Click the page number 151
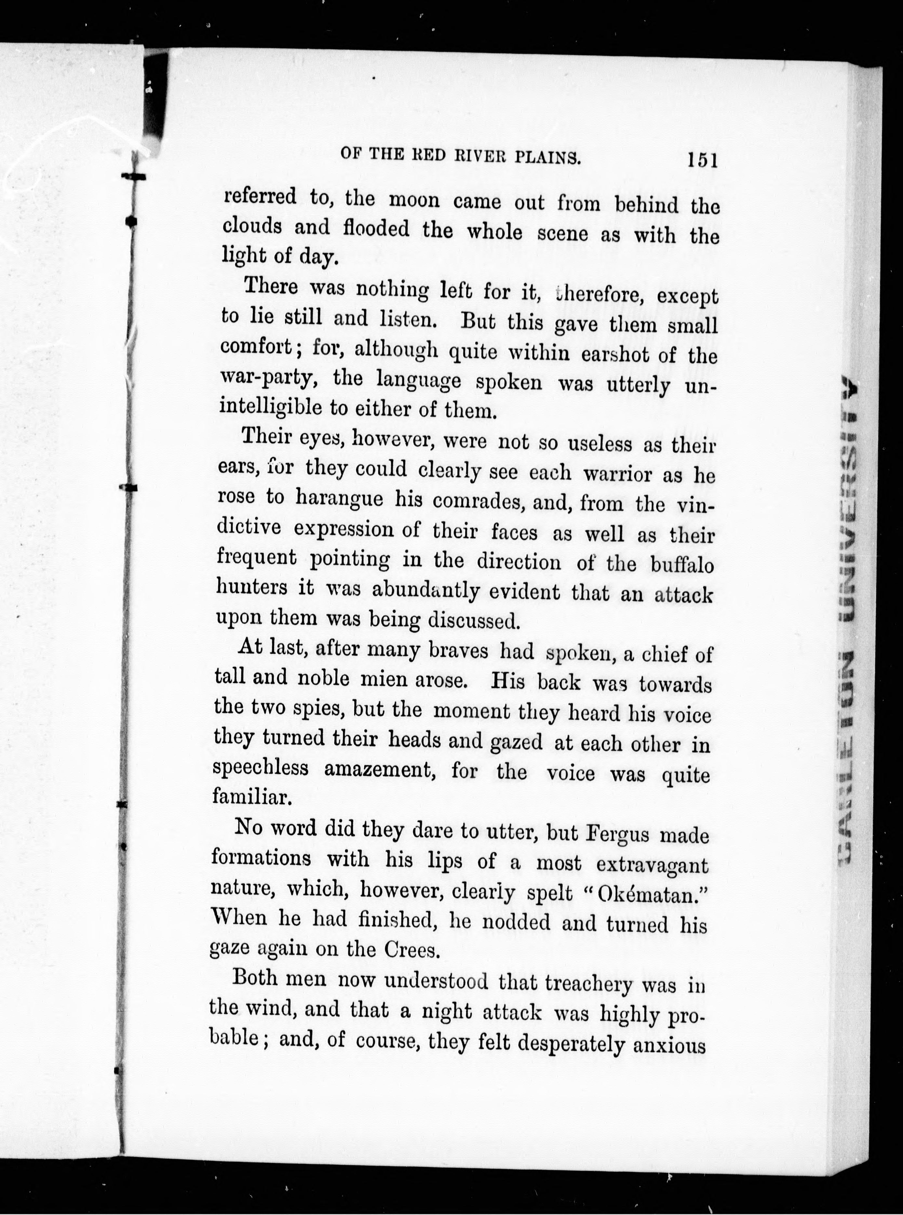coord(702,160)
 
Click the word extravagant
coord(652,865)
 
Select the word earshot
coord(614,354)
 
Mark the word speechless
coord(260,768)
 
